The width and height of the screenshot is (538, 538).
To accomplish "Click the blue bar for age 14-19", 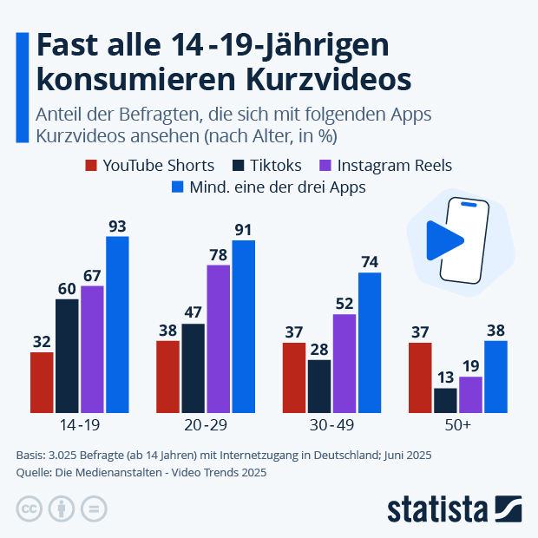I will coord(117,325).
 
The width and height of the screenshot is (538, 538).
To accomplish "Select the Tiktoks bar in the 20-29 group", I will coord(193,368).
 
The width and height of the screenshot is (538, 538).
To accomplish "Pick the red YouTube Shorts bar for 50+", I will coord(421,377).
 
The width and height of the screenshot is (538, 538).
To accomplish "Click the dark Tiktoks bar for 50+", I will coord(445,400).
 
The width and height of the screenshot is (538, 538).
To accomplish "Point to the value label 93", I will coord(117,226).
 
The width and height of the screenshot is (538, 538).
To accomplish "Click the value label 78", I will coord(218,254).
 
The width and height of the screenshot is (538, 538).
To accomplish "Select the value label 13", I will coord(445,377).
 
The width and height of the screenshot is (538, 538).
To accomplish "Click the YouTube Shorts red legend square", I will coord(90,165).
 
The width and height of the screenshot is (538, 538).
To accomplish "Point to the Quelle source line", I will coord(141,473).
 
